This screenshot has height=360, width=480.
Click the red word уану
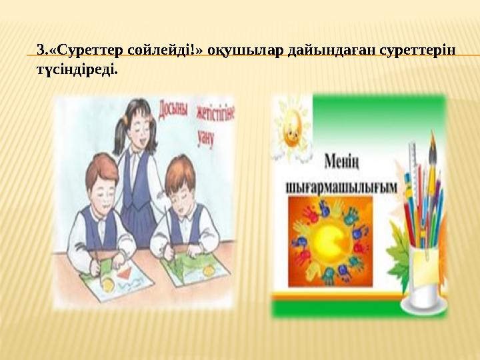click(x=205, y=137)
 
